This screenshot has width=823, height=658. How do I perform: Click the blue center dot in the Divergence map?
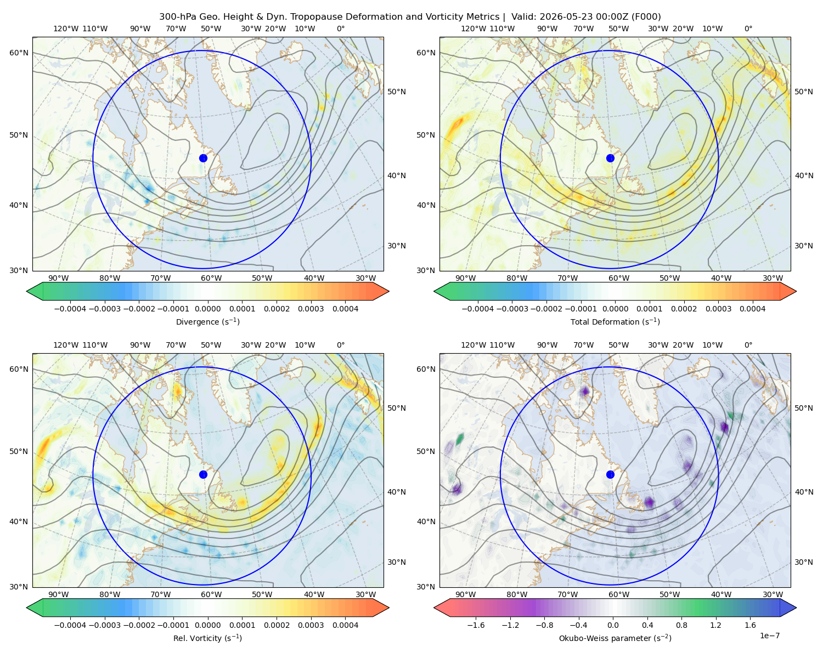coord(203,158)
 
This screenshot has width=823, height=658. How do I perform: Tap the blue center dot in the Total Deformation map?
coord(610,158)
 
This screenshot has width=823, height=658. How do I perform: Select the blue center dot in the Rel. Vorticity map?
coord(203,474)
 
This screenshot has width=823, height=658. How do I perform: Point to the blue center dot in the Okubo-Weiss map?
coord(610,474)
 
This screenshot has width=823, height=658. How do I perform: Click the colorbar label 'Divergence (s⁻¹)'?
coord(207,321)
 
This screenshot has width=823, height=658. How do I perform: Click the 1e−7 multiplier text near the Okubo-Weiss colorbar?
coord(769,636)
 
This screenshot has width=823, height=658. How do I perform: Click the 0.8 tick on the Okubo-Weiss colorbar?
coord(681,625)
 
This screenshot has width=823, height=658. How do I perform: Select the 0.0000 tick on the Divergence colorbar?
coord(207,309)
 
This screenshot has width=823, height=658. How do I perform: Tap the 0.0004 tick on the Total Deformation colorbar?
coord(752,309)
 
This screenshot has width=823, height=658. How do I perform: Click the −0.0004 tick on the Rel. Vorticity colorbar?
coord(70,625)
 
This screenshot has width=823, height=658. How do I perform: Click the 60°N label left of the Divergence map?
coord(19,53)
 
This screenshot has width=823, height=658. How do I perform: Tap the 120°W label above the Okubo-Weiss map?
coord(473,345)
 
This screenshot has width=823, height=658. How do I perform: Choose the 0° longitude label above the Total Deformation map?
coord(748,29)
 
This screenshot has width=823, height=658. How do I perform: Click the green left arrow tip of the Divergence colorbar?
coord(27,291)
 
